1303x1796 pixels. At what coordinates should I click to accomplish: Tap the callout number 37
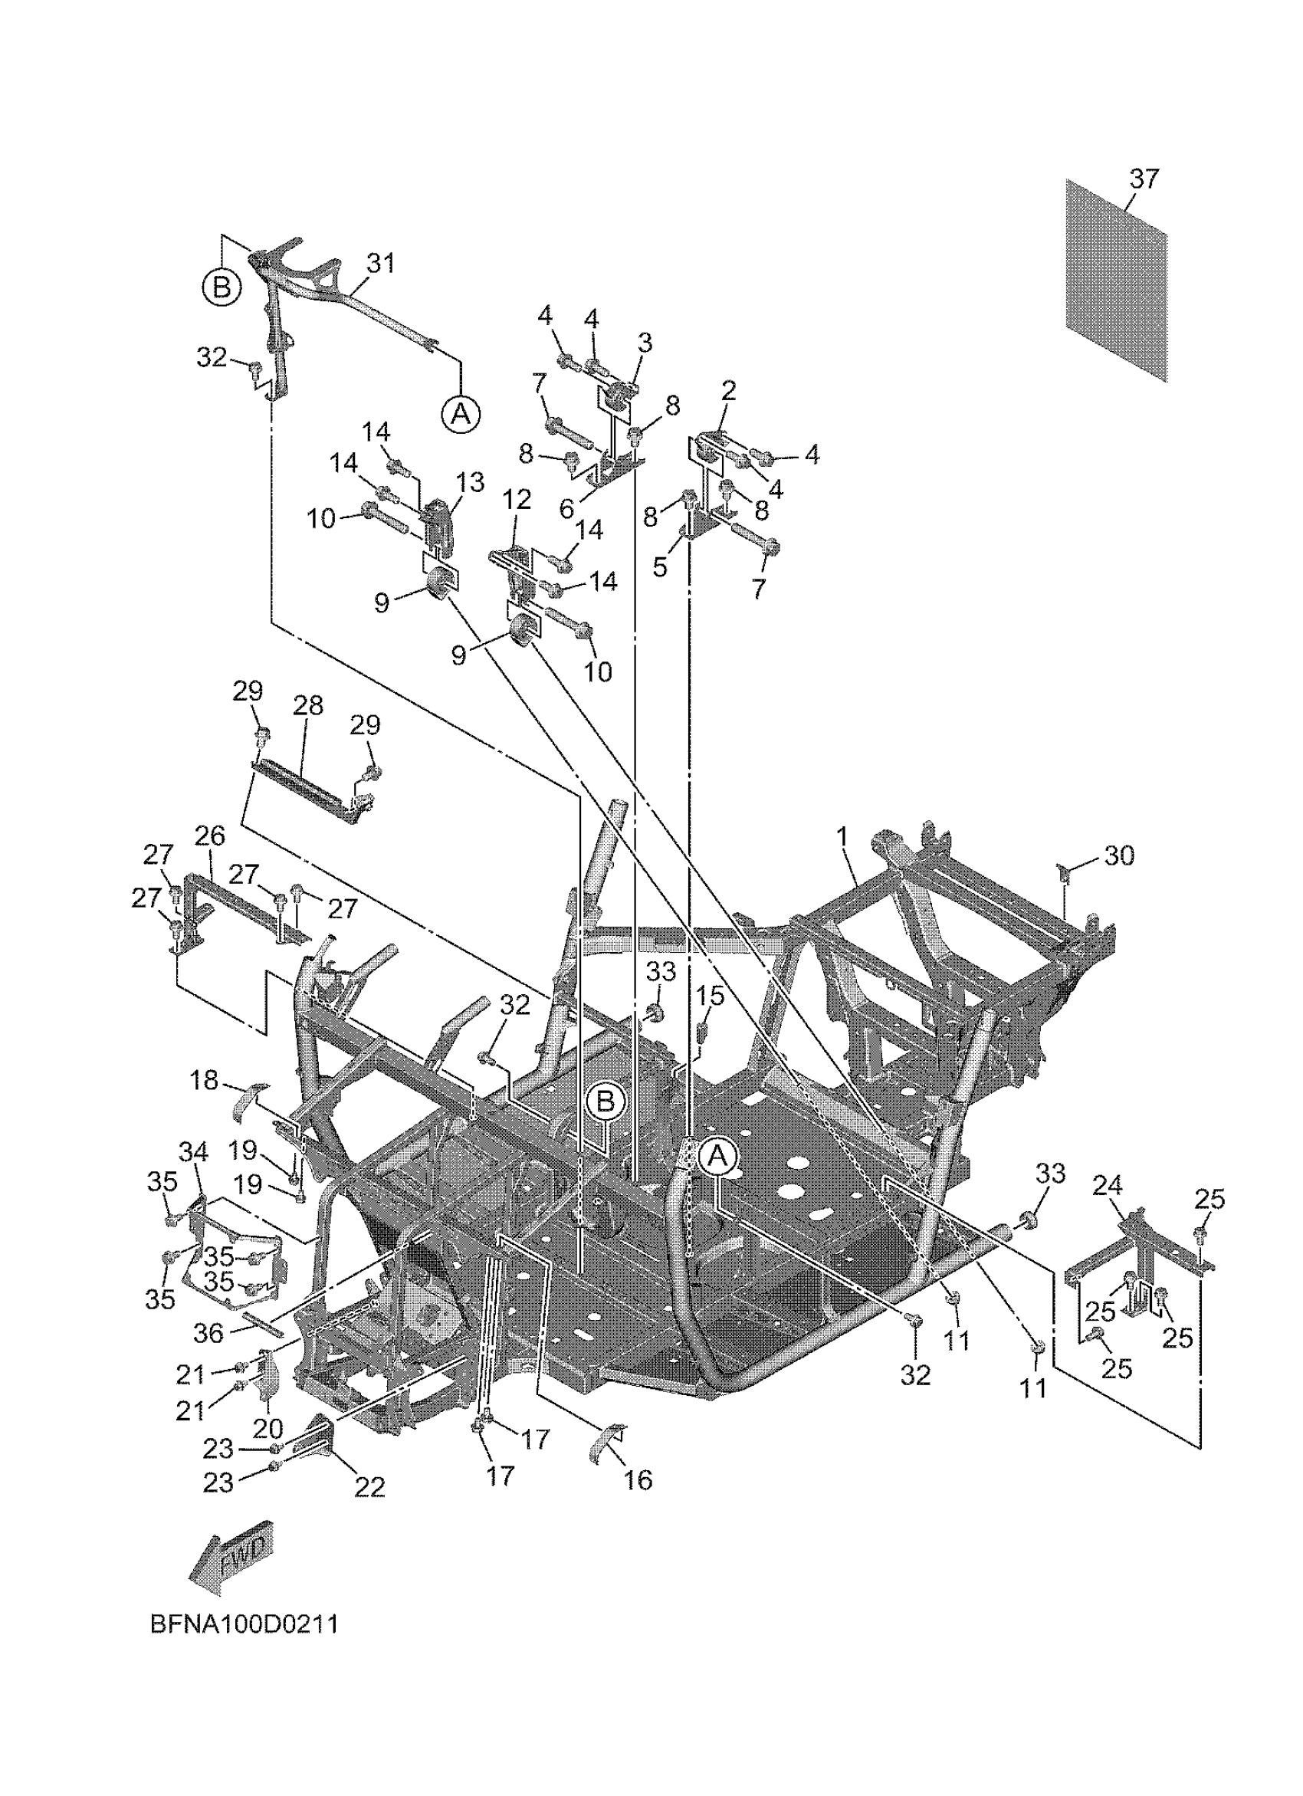(x=1144, y=179)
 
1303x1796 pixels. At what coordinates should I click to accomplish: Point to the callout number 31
(x=381, y=263)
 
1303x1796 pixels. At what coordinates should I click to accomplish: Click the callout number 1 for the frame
(x=842, y=837)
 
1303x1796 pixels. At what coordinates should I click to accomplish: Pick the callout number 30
(x=1118, y=855)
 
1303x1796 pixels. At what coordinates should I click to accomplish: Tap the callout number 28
(x=308, y=705)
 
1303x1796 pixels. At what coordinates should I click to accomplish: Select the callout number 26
(x=210, y=836)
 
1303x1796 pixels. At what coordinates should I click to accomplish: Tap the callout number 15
(x=710, y=997)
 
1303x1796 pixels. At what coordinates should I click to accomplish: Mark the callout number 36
(x=209, y=1333)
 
